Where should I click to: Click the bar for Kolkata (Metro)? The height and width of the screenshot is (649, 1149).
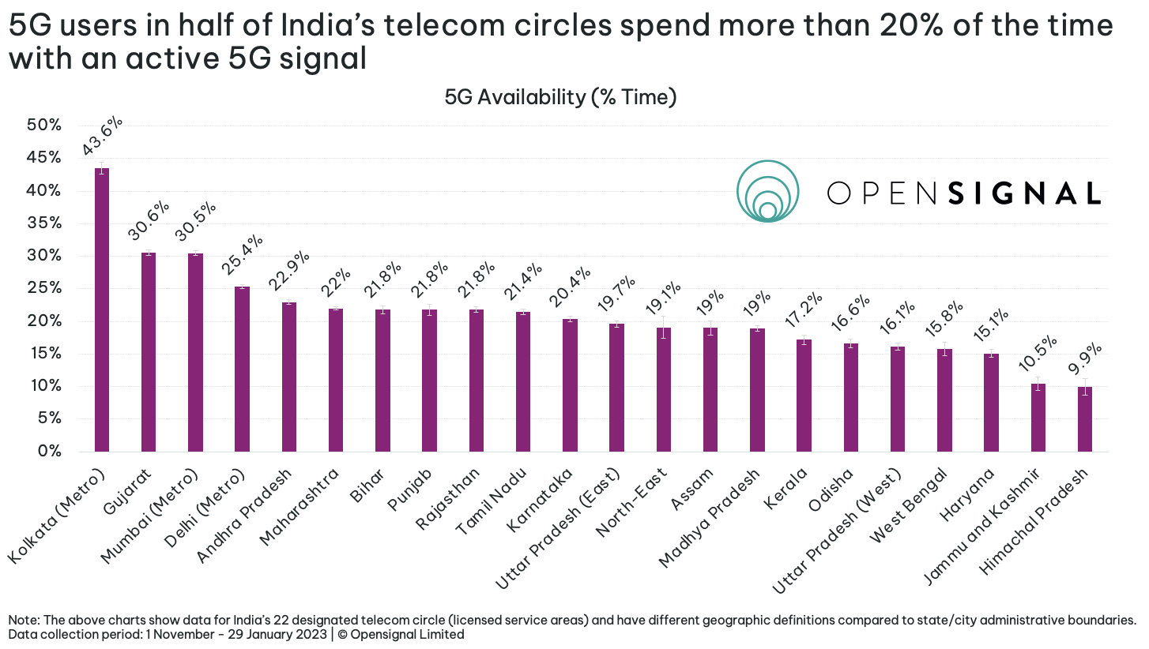[x=102, y=309]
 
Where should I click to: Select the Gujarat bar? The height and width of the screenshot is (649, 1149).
[x=149, y=352]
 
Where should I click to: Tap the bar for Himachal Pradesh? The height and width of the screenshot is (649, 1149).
[x=1085, y=419]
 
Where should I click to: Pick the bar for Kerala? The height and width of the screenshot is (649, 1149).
[x=804, y=396]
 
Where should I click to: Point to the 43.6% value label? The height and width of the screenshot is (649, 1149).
[x=103, y=137]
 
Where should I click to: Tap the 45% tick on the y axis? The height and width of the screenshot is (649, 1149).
[x=44, y=158]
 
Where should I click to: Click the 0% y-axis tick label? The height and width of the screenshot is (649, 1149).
[x=49, y=451]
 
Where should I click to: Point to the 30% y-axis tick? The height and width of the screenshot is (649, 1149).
[x=44, y=256]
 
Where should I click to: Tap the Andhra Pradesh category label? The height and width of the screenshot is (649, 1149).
[x=245, y=514]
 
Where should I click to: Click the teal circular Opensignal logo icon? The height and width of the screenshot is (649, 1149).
[x=767, y=191]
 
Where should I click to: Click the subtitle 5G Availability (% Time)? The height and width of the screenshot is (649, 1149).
[x=561, y=97]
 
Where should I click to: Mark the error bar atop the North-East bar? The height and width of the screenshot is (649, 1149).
[x=664, y=328]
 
